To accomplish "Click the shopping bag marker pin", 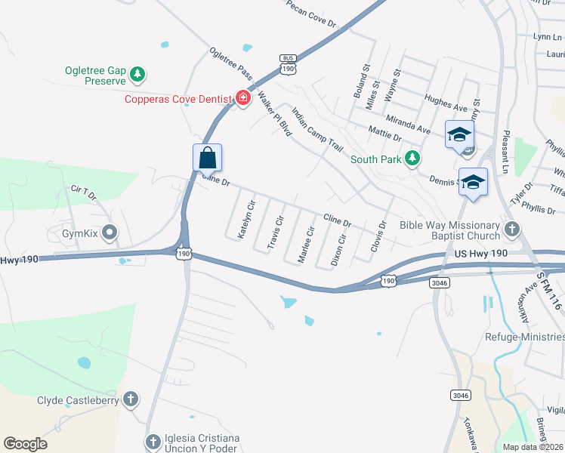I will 208,159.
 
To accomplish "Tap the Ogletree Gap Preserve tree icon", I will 137,74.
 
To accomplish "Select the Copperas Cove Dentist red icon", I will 243,98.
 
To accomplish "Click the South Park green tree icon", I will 412,158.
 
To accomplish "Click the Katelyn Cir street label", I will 247,220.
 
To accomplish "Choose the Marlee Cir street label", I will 305,244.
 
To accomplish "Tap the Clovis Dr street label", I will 378,236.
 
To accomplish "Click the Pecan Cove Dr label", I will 311,14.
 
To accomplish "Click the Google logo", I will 25,444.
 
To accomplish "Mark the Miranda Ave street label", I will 408,125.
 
